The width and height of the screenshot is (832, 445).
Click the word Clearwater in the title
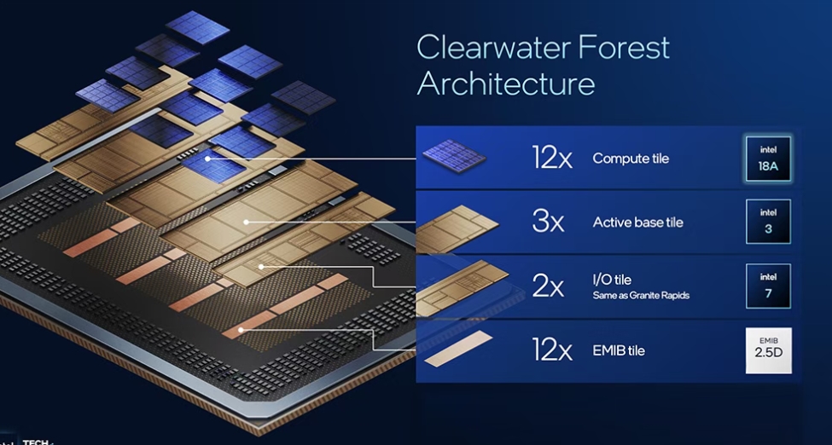[493, 47]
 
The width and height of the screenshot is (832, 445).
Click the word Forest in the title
[624, 47]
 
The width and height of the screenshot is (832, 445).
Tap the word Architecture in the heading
[506, 84]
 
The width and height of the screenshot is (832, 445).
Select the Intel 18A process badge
[768, 159]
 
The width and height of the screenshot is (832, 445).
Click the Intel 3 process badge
[768, 221]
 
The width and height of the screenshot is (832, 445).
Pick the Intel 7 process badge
[768, 286]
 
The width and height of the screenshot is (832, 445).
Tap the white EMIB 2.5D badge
[768, 350]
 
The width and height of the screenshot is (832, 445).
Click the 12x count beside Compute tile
[552, 159]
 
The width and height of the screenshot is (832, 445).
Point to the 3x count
[548, 222]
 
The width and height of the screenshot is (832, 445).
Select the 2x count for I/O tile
[548, 287]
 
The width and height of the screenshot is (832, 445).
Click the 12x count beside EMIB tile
[552, 350]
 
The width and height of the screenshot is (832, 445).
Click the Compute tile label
[631, 159]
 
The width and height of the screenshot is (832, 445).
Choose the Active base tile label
[637, 222]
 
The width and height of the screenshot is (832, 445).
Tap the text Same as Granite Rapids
[641, 296]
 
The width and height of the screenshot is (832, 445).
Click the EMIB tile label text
[619, 350]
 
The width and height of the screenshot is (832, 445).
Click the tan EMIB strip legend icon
[459, 349]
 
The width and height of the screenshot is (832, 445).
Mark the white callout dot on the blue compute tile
[208, 159]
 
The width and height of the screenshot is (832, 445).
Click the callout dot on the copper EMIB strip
[241, 330]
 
